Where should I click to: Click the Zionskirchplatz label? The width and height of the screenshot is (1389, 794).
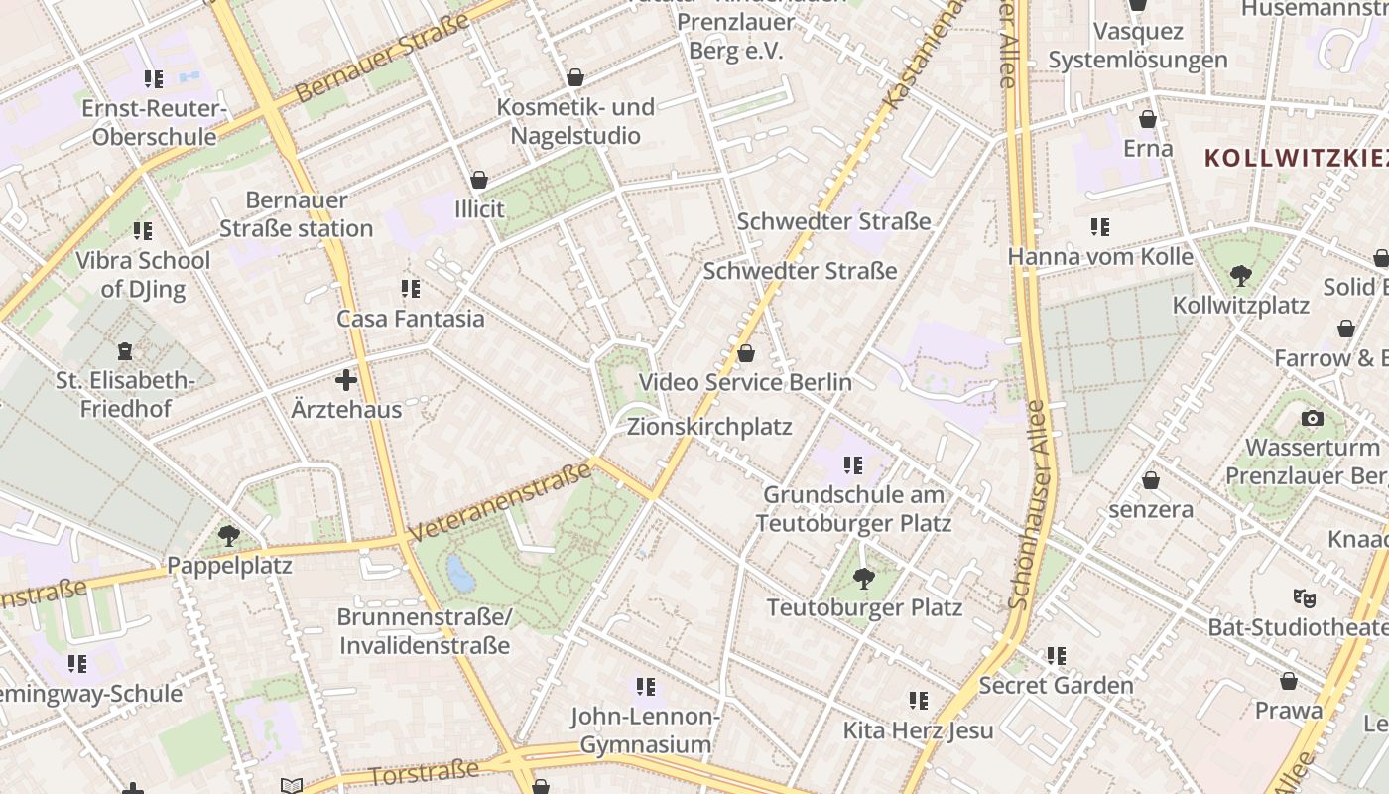pyautogui.click(x=709, y=427)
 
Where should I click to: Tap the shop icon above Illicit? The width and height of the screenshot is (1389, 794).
pyautogui.click(x=479, y=180)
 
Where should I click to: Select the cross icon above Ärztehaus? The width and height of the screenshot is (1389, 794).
pyautogui.click(x=346, y=380)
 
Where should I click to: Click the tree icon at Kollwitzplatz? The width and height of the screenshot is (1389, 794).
pyautogui.click(x=1240, y=275)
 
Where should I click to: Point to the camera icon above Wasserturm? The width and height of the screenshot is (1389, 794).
pyautogui.click(x=1312, y=418)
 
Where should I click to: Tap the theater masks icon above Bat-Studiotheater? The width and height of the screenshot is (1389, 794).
pyautogui.click(x=1304, y=597)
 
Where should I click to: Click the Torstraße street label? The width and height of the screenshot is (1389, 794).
pyautogui.click(x=424, y=772)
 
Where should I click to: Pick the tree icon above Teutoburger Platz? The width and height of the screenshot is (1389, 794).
pyautogui.click(x=864, y=578)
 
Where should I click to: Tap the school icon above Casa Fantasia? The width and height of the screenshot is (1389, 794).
pyautogui.click(x=411, y=289)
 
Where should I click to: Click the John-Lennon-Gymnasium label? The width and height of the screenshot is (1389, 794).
pyautogui.click(x=646, y=729)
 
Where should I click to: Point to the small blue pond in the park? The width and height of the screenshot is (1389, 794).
pyautogui.click(x=460, y=574)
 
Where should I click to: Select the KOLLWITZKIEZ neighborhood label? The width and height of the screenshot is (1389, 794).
pyautogui.click(x=1295, y=157)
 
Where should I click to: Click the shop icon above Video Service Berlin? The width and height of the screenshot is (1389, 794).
pyautogui.click(x=746, y=353)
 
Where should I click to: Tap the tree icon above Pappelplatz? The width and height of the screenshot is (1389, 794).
pyautogui.click(x=229, y=536)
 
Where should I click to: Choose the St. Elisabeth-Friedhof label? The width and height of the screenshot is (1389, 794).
pyautogui.click(x=126, y=394)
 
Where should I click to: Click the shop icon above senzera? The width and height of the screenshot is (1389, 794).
pyautogui.click(x=1151, y=480)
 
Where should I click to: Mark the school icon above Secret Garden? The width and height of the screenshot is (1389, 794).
pyautogui.click(x=1057, y=655)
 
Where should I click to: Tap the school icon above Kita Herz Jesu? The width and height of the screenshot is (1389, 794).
pyautogui.click(x=919, y=701)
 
